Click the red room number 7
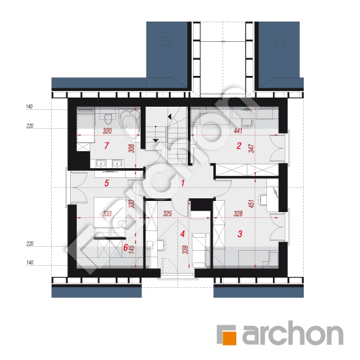point(107,145)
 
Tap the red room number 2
point(239,145)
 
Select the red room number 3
point(240,234)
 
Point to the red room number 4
point(183,234)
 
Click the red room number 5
point(107,183)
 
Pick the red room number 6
point(126,247)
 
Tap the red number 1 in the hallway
point(183,183)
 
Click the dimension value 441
point(238,131)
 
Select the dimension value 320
point(107,131)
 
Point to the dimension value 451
point(251,204)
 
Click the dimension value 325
point(168,213)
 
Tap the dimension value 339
point(185,250)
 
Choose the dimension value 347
point(251,149)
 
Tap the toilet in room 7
point(107,118)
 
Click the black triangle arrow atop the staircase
point(170,117)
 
